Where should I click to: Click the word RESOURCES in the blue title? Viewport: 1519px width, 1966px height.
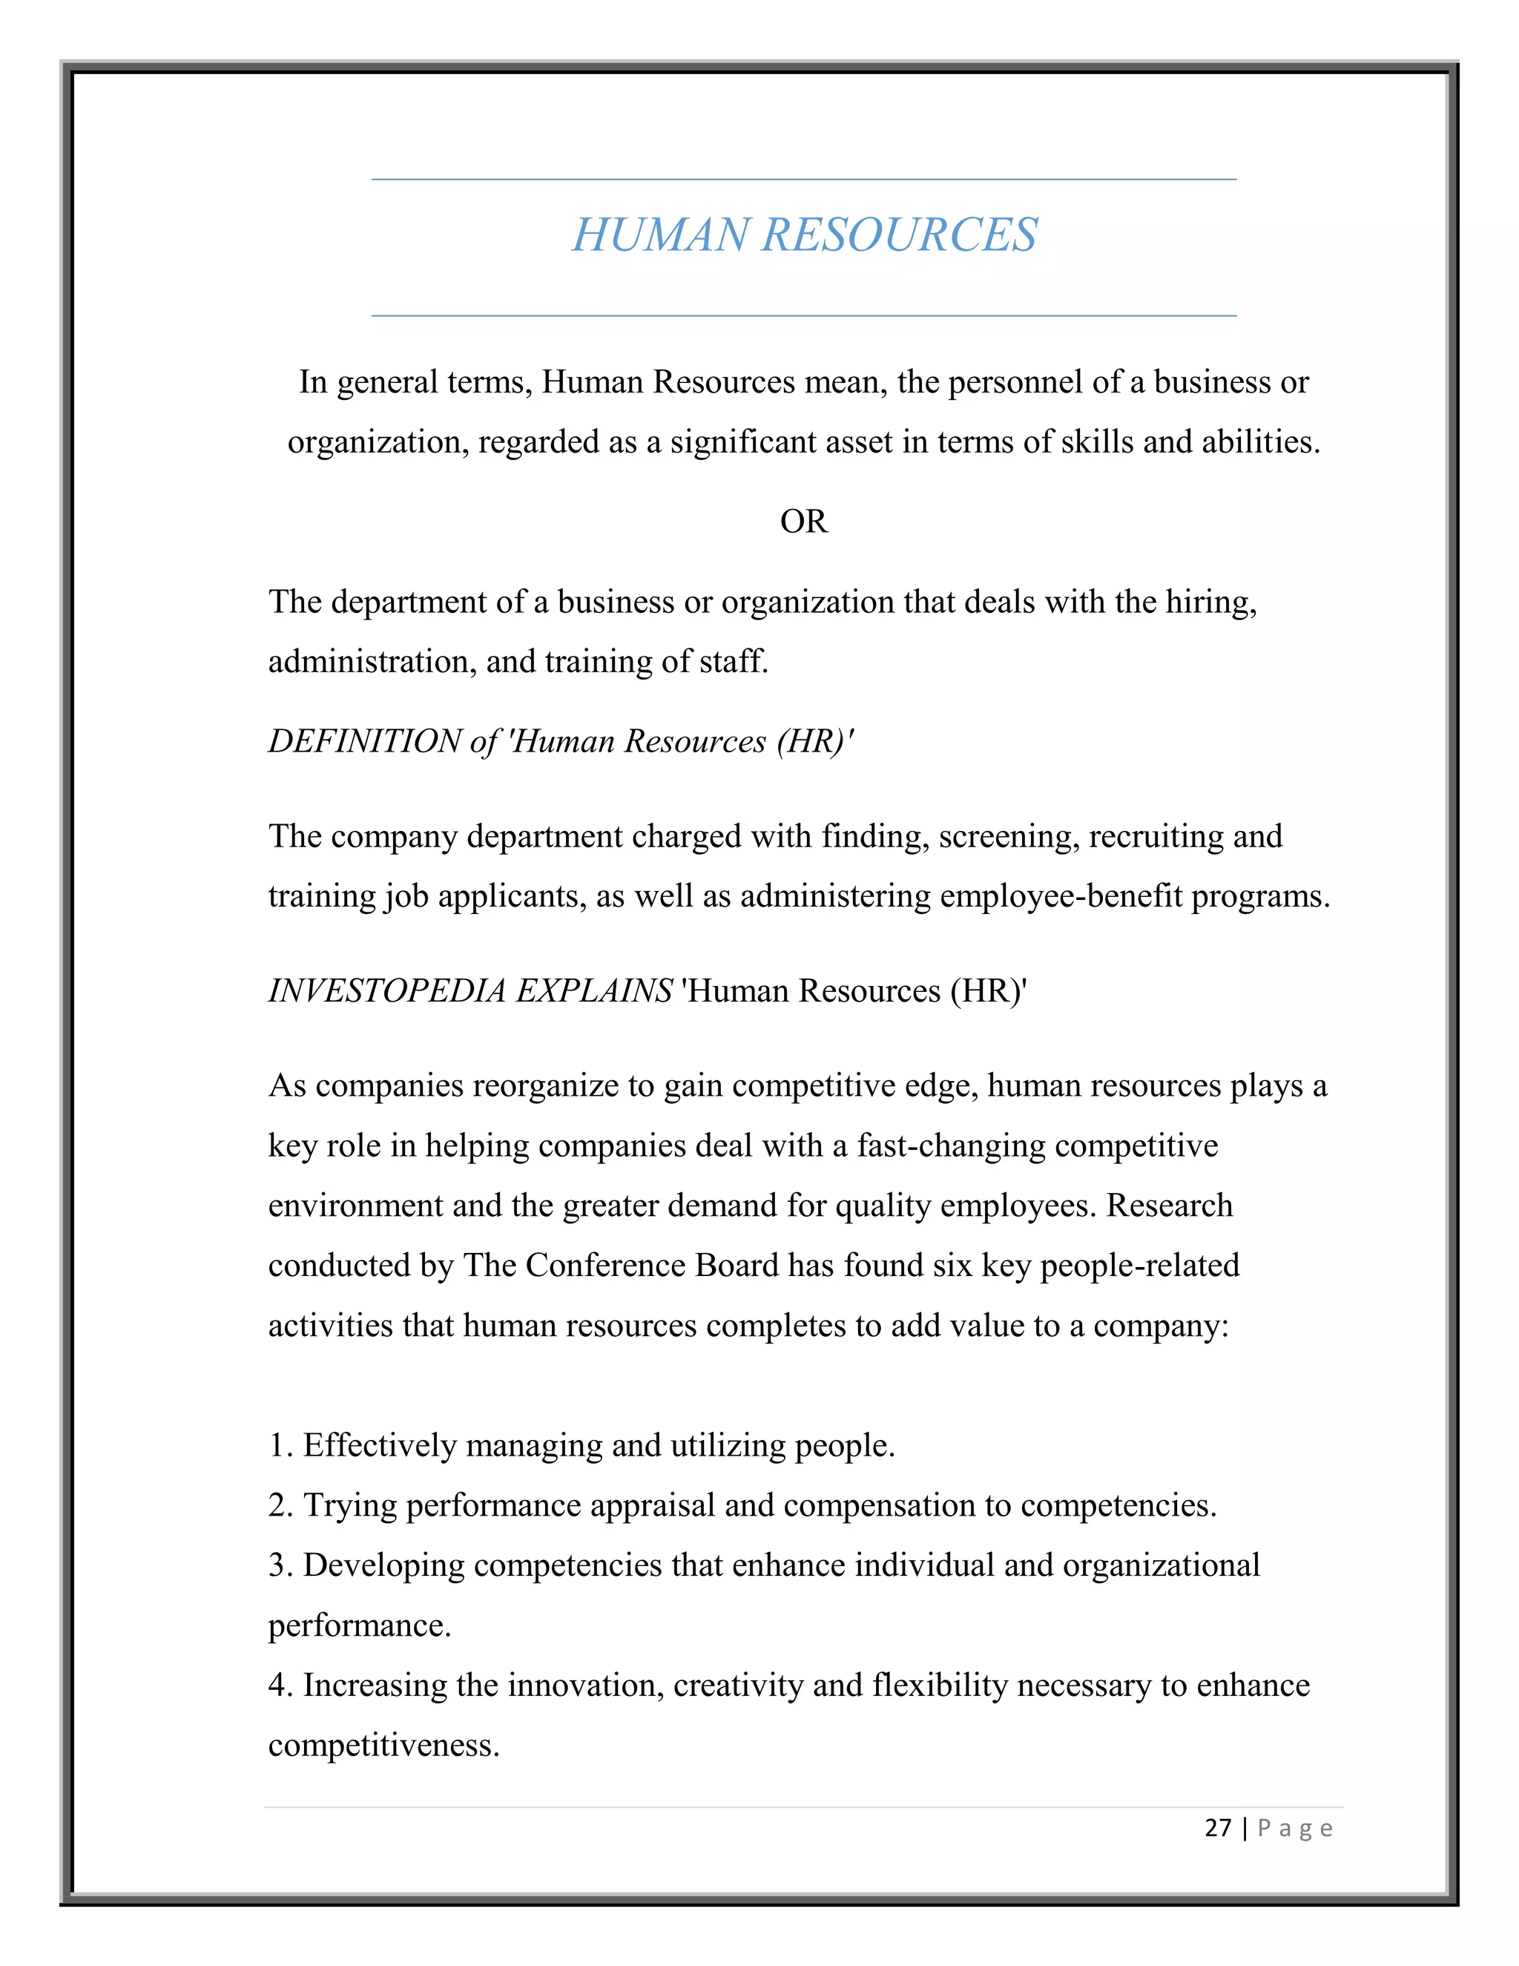pyautogui.click(x=899, y=236)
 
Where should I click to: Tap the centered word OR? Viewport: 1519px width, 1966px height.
pyautogui.click(x=803, y=522)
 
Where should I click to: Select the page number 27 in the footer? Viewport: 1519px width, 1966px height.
pyautogui.click(x=1218, y=1828)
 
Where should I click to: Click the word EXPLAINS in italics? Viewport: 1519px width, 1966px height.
pyautogui.click(x=594, y=991)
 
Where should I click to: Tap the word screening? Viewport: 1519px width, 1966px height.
pyautogui.click(x=1008, y=837)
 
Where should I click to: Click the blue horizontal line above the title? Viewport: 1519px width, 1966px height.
pyautogui.click(x=803, y=179)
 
